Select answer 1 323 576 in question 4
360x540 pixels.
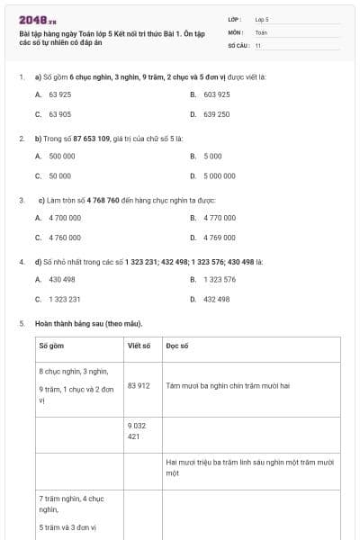(x=219, y=279)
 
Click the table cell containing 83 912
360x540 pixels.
(x=139, y=385)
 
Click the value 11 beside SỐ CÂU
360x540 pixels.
(x=258, y=44)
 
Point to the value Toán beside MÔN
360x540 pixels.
(x=261, y=31)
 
